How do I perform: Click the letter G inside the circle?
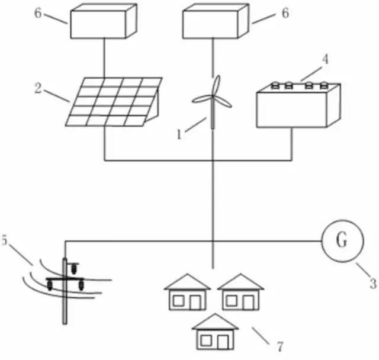[x=342, y=241]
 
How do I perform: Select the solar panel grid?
[x=112, y=100]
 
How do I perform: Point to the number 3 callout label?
[x=372, y=283]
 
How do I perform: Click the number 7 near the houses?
[x=273, y=343]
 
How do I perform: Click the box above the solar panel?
[x=105, y=22]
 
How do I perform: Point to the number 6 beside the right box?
[x=284, y=14]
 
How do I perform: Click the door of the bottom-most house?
[x=222, y=342]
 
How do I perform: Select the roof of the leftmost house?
[x=187, y=282]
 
